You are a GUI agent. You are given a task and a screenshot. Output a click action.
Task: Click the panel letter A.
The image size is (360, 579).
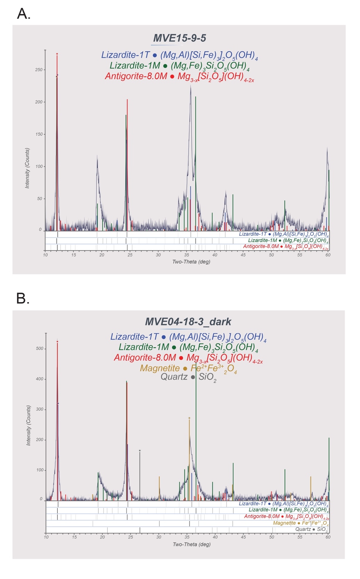click(x=24, y=14)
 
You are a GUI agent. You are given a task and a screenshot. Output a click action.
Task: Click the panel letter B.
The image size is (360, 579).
click(x=23, y=298)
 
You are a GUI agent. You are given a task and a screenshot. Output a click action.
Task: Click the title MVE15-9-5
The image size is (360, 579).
click(x=180, y=38)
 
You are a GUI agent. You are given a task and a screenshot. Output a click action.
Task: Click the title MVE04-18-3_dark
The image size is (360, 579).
click(x=188, y=322)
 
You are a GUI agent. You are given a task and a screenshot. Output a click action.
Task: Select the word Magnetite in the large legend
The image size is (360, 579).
click(x=160, y=368)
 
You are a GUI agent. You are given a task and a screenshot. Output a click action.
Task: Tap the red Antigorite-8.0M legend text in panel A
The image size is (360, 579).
click(x=136, y=76)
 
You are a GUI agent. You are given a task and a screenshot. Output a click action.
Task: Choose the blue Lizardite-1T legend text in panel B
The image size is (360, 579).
click(x=134, y=337)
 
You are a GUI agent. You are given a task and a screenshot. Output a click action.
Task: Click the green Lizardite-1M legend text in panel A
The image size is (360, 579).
click(x=135, y=66)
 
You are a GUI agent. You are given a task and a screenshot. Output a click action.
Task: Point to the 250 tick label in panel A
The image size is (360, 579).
click(x=39, y=70)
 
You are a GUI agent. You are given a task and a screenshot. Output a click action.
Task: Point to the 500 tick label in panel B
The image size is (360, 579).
click(x=39, y=348)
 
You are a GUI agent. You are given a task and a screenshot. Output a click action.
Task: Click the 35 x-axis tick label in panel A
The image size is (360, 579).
click(x=187, y=255)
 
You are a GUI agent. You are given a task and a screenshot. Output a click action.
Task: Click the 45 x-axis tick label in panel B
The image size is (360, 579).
click(x=243, y=537)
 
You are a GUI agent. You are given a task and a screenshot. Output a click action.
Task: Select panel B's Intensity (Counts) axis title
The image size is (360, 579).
click(x=28, y=425)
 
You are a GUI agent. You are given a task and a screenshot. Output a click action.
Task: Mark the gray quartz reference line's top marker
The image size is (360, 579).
click(x=140, y=450)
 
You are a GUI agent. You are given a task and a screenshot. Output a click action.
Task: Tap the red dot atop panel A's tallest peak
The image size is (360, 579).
click(x=57, y=54)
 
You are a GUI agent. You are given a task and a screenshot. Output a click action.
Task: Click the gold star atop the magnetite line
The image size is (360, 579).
click(x=189, y=418)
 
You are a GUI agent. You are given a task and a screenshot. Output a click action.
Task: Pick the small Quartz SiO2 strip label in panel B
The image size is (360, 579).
click(x=311, y=529)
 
